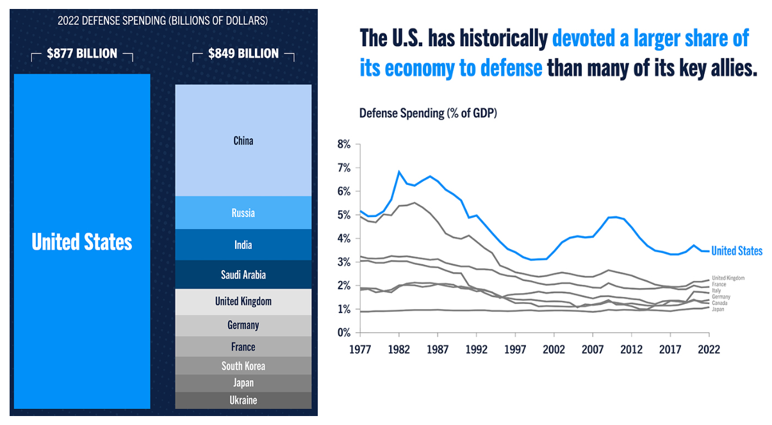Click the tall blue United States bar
(x=81, y=241)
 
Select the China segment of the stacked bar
(x=243, y=140)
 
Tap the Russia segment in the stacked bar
(x=243, y=213)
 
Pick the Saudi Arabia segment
(x=243, y=275)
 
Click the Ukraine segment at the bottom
(x=243, y=401)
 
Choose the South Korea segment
(x=243, y=366)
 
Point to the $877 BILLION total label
(x=82, y=54)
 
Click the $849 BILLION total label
(x=243, y=54)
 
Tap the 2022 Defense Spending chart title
(x=163, y=20)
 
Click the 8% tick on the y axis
(x=344, y=145)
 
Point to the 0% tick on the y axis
(x=344, y=333)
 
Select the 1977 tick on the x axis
(x=360, y=349)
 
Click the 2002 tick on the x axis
(x=554, y=349)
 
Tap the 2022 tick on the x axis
(x=709, y=349)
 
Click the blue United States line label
(x=737, y=251)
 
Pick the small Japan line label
(x=718, y=309)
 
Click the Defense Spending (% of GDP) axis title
(x=428, y=113)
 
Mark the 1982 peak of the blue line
(x=399, y=172)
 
